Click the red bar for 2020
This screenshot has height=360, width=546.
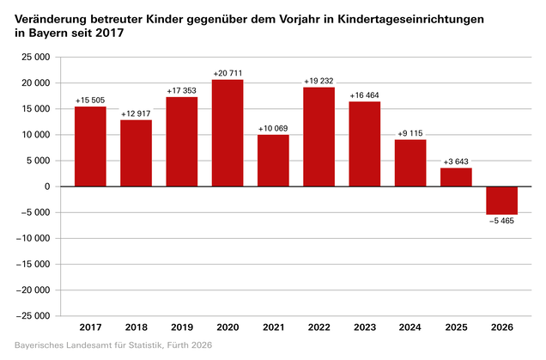pyautogui.click(x=227, y=133)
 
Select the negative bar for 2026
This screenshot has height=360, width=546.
pyautogui.click(x=501, y=200)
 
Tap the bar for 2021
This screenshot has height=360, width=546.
pyautogui.click(x=273, y=161)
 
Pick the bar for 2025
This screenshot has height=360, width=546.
pyautogui.click(x=456, y=177)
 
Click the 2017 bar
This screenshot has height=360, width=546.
pyautogui.click(x=90, y=146)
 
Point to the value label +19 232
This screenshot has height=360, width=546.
pyautogui.click(x=318, y=82)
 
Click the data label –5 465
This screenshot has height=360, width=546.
pyautogui.click(x=501, y=221)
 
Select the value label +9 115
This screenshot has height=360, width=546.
pyautogui.click(x=410, y=133)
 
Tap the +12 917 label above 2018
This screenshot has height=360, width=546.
pyautogui.click(x=136, y=114)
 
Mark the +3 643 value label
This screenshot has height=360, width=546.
pyautogui.click(x=456, y=162)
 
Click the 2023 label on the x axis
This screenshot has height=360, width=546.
pyautogui.click(x=365, y=327)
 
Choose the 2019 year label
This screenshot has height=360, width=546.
pyautogui.click(x=182, y=327)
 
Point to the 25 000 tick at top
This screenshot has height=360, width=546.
pyautogui.click(x=36, y=58)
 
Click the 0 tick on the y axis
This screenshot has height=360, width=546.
pyautogui.click(x=47, y=186)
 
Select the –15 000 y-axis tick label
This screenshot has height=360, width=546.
pyautogui.click(x=33, y=265)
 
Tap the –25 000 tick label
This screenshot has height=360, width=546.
pyautogui.click(x=33, y=316)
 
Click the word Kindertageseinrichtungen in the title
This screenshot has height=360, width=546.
pyautogui.click(x=411, y=20)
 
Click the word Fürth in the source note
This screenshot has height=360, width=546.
pyautogui.click(x=177, y=345)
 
